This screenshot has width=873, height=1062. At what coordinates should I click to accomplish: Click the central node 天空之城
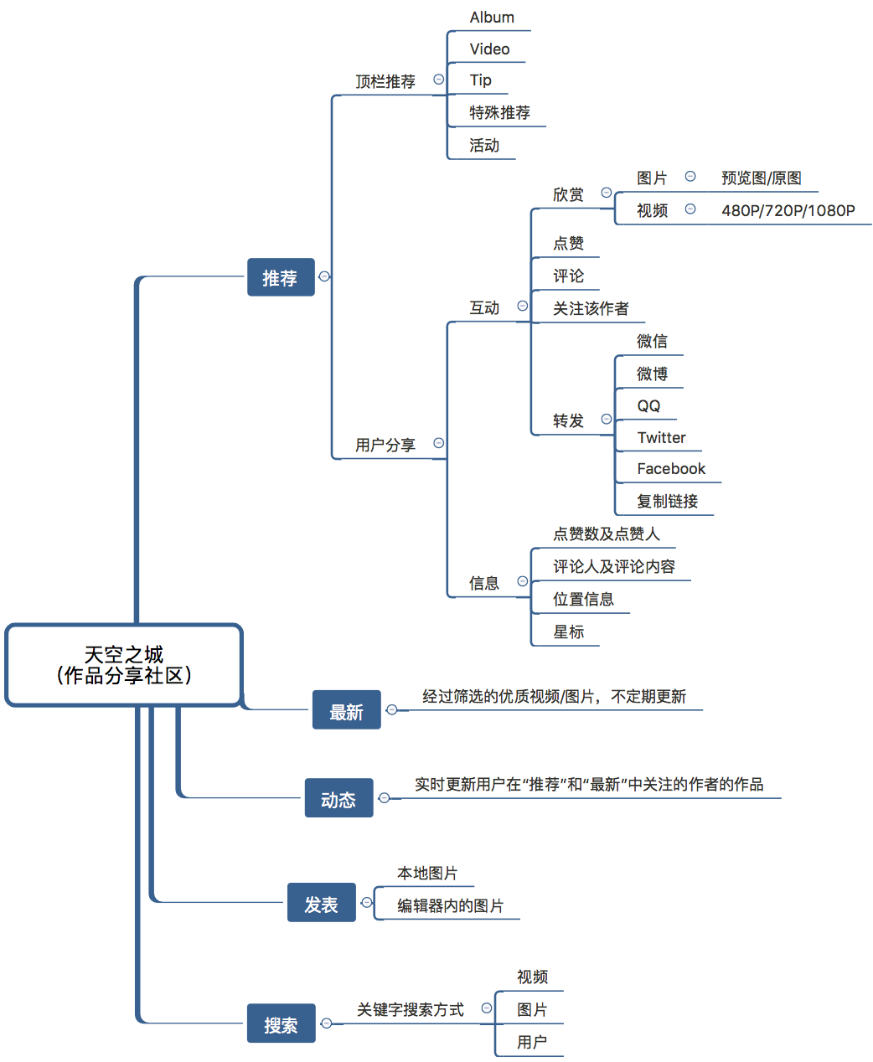[124, 665]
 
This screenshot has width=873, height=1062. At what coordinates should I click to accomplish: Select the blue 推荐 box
[281, 277]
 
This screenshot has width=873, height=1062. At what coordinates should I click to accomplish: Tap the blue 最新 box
[346, 710]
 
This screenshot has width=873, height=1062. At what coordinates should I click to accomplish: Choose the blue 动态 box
[338, 798]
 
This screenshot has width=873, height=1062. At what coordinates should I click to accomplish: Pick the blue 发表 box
[321, 903]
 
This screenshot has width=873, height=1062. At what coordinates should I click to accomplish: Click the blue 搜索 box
[281, 1023]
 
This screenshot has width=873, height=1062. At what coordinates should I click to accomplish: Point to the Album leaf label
[492, 18]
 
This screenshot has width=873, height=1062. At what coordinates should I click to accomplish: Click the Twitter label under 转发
[661, 437]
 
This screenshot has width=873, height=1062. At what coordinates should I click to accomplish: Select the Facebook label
[671, 469]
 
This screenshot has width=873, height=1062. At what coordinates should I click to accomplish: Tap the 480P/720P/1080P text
[788, 210]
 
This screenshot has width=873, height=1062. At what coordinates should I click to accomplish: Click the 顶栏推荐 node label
[385, 81]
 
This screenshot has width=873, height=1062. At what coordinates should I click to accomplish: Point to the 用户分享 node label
[385, 445]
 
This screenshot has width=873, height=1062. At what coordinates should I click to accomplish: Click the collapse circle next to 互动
[523, 307]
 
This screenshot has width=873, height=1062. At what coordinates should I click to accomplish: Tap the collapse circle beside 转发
[607, 419]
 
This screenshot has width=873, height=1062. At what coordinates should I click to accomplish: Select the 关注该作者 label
[591, 309]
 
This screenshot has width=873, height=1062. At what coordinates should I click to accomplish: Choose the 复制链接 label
[667, 501]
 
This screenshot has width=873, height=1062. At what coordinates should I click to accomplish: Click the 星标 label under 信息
[569, 632]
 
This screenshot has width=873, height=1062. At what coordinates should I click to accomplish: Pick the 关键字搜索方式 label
[411, 1010]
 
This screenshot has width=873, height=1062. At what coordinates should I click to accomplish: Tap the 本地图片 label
[427, 874]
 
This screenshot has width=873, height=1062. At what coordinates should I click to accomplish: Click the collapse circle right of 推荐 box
[325, 276]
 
